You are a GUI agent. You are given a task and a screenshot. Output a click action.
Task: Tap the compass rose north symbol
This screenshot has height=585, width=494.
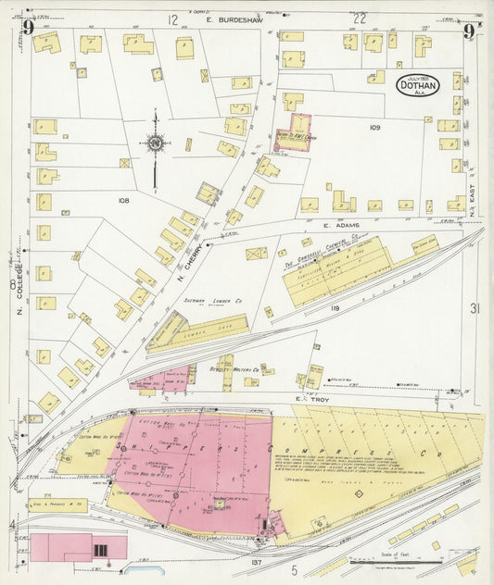[x=154, y=143]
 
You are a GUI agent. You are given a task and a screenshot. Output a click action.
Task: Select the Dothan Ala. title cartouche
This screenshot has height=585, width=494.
[x=418, y=85]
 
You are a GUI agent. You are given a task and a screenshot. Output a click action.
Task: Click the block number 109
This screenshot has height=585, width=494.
[x=374, y=127]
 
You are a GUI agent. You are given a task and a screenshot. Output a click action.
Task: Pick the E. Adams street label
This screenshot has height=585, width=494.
[x=340, y=224]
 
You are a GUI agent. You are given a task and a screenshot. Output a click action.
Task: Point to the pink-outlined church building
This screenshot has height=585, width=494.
[x=293, y=132]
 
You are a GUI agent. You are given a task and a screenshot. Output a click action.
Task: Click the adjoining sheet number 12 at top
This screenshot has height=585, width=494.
[x=171, y=19]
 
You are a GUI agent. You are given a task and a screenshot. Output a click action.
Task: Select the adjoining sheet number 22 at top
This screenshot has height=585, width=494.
[x=360, y=19]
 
